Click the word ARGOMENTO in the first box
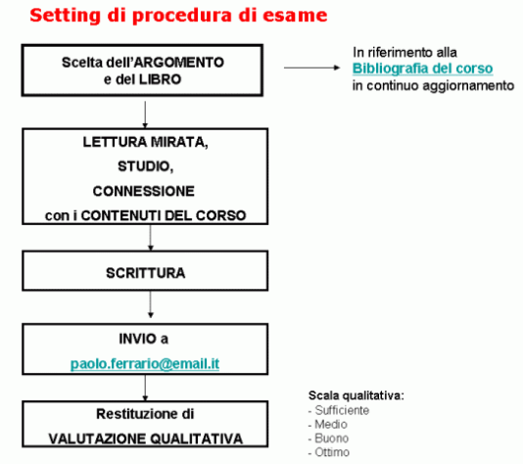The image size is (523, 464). click(x=179, y=63)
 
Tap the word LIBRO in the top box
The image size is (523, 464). click(x=160, y=79)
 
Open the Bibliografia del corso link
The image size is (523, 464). click(x=422, y=69)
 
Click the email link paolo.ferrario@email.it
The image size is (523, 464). click(x=145, y=363)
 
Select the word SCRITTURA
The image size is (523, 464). click(x=145, y=273)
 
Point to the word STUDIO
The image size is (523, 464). click(x=145, y=166)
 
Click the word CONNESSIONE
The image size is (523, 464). click(x=143, y=191)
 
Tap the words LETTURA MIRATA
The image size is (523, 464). click(x=145, y=142)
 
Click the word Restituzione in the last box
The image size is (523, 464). click(x=137, y=414)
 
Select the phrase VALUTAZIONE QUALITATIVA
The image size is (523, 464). click(x=145, y=439)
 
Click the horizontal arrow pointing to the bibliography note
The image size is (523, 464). click(x=311, y=68)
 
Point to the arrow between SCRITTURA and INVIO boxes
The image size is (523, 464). click(x=151, y=304)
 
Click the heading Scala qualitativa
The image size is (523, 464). click(x=357, y=395)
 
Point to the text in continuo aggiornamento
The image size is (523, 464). click(x=433, y=86)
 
